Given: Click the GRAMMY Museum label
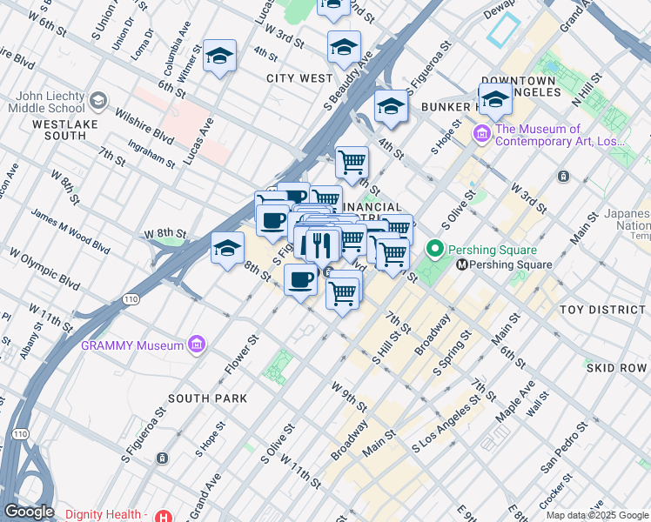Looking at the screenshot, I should pyautogui.click(x=131, y=345).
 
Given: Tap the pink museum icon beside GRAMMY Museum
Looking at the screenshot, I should pyautogui.click(x=197, y=345).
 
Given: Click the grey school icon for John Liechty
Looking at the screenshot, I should pyautogui.click(x=96, y=102).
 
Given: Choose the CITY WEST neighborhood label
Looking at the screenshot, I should pyautogui.click(x=299, y=78).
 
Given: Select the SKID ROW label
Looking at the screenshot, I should pyautogui.click(x=616, y=368).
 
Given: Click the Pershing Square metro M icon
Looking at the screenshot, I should pyautogui.click(x=462, y=264).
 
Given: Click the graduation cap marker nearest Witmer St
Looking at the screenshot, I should pyautogui.click(x=220, y=57).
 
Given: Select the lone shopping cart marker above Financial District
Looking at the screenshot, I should pyautogui.click(x=352, y=161).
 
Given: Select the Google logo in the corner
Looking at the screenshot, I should pyautogui.click(x=29, y=512).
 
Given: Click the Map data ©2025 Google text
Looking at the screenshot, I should pyautogui.click(x=597, y=515).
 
